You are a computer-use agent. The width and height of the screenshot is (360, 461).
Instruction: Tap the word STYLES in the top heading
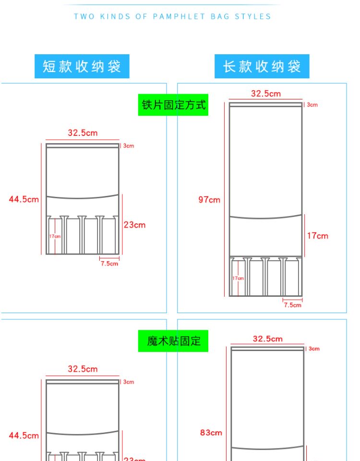pyautogui.click(x=253, y=16)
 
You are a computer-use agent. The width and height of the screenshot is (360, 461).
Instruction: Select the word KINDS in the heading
pyautogui.click(x=114, y=16)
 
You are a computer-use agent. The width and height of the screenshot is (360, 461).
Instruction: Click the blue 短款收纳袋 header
pyautogui.click(x=82, y=66)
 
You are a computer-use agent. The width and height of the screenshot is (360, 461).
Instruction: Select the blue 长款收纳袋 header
pyautogui.click(x=262, y=66)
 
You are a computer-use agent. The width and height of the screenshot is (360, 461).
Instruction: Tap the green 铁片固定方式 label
pyautogui.click(x=173, y=105)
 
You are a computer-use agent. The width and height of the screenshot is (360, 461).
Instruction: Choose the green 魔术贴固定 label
pyautogui.click(x=173, y=341)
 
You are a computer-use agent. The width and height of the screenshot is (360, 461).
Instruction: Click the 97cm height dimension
pyautogui.click(x=209, y=200)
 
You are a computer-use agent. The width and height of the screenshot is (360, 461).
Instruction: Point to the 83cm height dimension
pyautogui.click(x=211, y=433)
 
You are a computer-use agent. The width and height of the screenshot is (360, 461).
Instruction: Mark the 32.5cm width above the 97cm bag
pyautogui.click(x=266, y=94)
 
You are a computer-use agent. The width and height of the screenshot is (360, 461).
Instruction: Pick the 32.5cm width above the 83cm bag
pyautogui.click(x=268, y=339)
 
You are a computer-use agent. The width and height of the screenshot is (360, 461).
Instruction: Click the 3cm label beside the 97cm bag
pyautogui.click(x=312, y=105)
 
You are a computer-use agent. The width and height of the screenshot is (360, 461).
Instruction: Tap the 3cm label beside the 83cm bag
pyautogui.click(x=314, y=349)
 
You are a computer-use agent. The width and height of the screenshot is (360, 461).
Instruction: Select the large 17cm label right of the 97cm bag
pyautogui.click(x=318, y=235)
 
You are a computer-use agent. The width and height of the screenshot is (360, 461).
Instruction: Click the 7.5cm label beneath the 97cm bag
pyautogui.click(x=292, y=305)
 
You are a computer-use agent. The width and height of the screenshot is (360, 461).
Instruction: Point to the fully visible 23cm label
pyautogui.click(x=134, y=225)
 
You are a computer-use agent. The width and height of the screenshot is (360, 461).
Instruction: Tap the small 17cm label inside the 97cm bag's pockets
pyautogui.click(x=238, y=279)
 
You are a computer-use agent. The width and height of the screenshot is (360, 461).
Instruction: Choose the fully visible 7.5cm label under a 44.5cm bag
pyautogui.click(x=109, y=263)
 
